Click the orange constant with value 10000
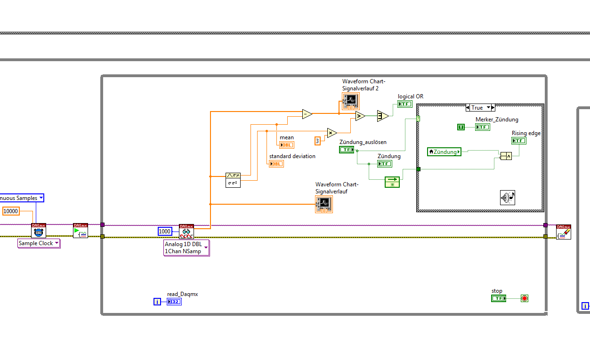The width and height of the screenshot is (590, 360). (11, 211)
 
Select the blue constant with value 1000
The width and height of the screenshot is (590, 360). (164, 231)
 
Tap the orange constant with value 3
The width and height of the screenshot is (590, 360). (317, 141)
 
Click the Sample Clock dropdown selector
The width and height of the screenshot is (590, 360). (39, 243)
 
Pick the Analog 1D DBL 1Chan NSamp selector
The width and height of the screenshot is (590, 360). (186, 248)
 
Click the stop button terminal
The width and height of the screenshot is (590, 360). (498, 298)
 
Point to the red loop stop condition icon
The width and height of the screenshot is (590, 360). (525, 298)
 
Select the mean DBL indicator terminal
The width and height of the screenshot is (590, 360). (286, 144)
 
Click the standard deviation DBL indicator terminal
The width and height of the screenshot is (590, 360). (276, 163)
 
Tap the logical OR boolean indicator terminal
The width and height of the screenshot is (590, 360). (404, 104)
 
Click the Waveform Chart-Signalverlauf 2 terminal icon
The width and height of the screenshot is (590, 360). (350, 101)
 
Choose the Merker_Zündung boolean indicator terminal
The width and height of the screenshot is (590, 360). (482, 127)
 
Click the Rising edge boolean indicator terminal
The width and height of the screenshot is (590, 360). (519, 141)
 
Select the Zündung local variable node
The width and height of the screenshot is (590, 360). (444, 152)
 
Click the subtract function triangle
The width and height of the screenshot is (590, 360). (307, 114)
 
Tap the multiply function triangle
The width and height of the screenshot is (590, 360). (332, 133)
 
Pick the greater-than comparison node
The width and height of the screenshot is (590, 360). (360, 116)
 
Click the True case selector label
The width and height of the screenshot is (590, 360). (477, 108)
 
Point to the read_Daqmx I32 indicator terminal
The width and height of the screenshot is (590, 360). (174, 302)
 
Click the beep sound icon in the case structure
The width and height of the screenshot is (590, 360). (508, 198)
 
